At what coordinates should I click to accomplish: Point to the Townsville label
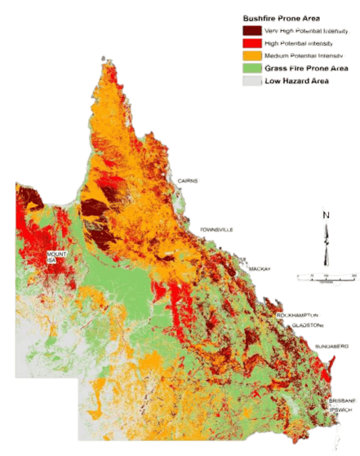(x=217, y=229)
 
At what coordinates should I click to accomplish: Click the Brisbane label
(x=343, y=401)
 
